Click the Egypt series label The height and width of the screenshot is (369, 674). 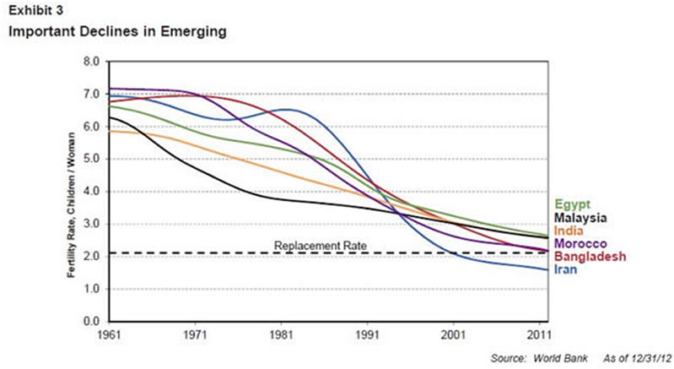[x=573, y=203]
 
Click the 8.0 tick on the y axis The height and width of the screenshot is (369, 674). [x=91, y=62]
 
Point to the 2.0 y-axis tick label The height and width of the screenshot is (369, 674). [x=91, y=257]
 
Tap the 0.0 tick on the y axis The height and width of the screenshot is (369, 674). [x=91, y=322]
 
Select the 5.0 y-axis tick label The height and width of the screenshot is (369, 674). [x=91, y=159]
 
